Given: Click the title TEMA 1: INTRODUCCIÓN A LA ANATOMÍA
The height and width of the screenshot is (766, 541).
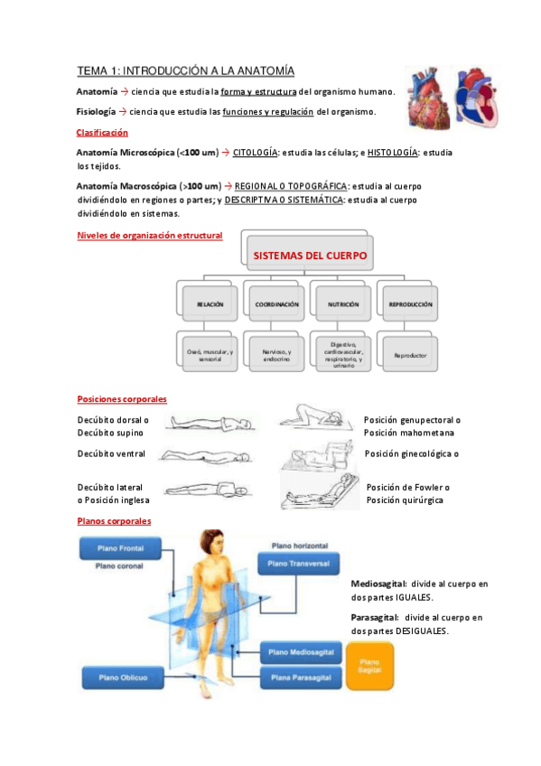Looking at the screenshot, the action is click(185, 70).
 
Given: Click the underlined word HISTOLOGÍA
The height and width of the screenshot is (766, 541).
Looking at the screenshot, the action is click(392, 153).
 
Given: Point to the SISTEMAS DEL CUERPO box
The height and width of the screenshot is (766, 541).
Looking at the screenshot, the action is click(310, 257).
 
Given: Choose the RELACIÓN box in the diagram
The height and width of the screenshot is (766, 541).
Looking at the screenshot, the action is click(210, 304).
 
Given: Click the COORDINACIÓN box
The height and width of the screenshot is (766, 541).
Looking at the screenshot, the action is click(276, 304).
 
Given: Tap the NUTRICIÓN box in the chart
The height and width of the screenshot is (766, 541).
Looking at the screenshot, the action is click(343, 304).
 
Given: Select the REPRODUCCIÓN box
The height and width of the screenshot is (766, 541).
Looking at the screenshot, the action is click(410, 304).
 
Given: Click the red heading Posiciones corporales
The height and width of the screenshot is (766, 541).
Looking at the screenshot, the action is click(122, 398).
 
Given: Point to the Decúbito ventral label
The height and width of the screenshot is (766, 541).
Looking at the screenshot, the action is click(111, 453).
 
